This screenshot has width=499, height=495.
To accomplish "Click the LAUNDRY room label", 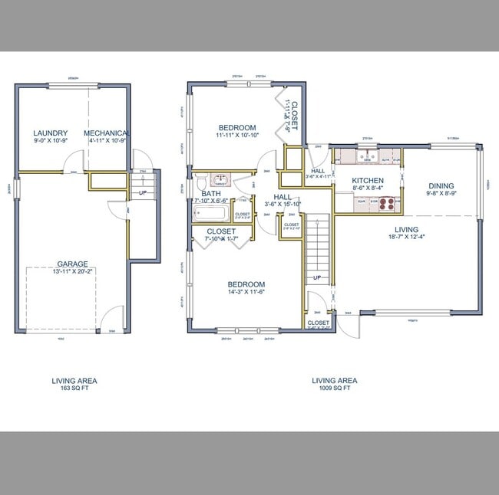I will click(x=51, y=133).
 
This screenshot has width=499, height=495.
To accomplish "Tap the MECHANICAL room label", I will click(x=107, y=133).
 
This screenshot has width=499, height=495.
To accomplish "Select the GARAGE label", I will click(x=71, y=262).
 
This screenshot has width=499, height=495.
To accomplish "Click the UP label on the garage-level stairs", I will click(x=143, y=192).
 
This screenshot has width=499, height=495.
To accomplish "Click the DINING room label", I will click(x=441, y=185).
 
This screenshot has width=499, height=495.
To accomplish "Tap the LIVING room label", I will click(x=406, y=230).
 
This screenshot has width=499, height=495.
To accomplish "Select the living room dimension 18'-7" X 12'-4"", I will click(x=406, y=238).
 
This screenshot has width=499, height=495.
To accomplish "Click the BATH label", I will click(x=211, y=194).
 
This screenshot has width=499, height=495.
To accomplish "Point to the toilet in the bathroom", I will click(x=200, y=183).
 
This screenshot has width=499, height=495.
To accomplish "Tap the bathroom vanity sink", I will click(x=220, y=180).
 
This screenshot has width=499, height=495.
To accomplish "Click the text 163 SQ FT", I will click(x=74, y=388).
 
